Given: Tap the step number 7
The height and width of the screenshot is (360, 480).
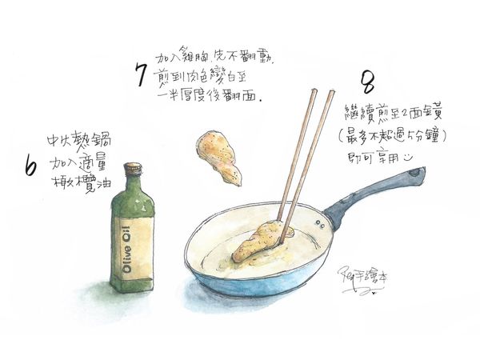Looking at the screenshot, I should [x=140, y=76].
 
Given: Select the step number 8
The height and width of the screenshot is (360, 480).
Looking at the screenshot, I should [x=369, y=83].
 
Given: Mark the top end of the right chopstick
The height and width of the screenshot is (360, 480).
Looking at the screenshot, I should [x=330, y=93].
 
